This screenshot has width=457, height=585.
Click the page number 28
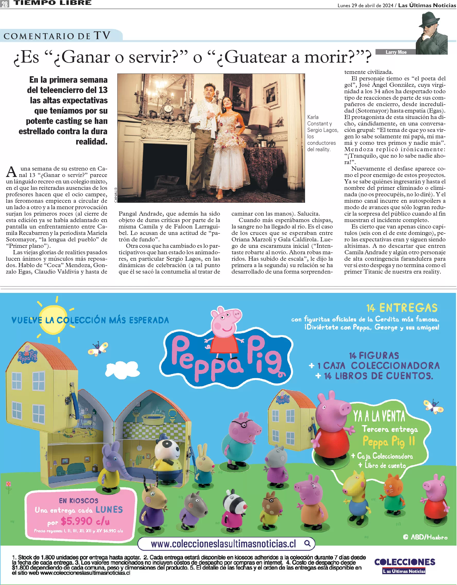pos(5,4)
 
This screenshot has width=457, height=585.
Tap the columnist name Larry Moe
pos(396,52)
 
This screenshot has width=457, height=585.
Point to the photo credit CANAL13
pos(116,195)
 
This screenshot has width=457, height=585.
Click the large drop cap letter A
pos(11,172)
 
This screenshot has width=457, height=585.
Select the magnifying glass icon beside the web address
pos(307,544)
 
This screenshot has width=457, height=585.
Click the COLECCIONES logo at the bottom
pos(404,562)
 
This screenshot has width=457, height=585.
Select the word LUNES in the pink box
pos(109,509)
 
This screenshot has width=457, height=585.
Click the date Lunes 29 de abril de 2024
pos(365,5)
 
